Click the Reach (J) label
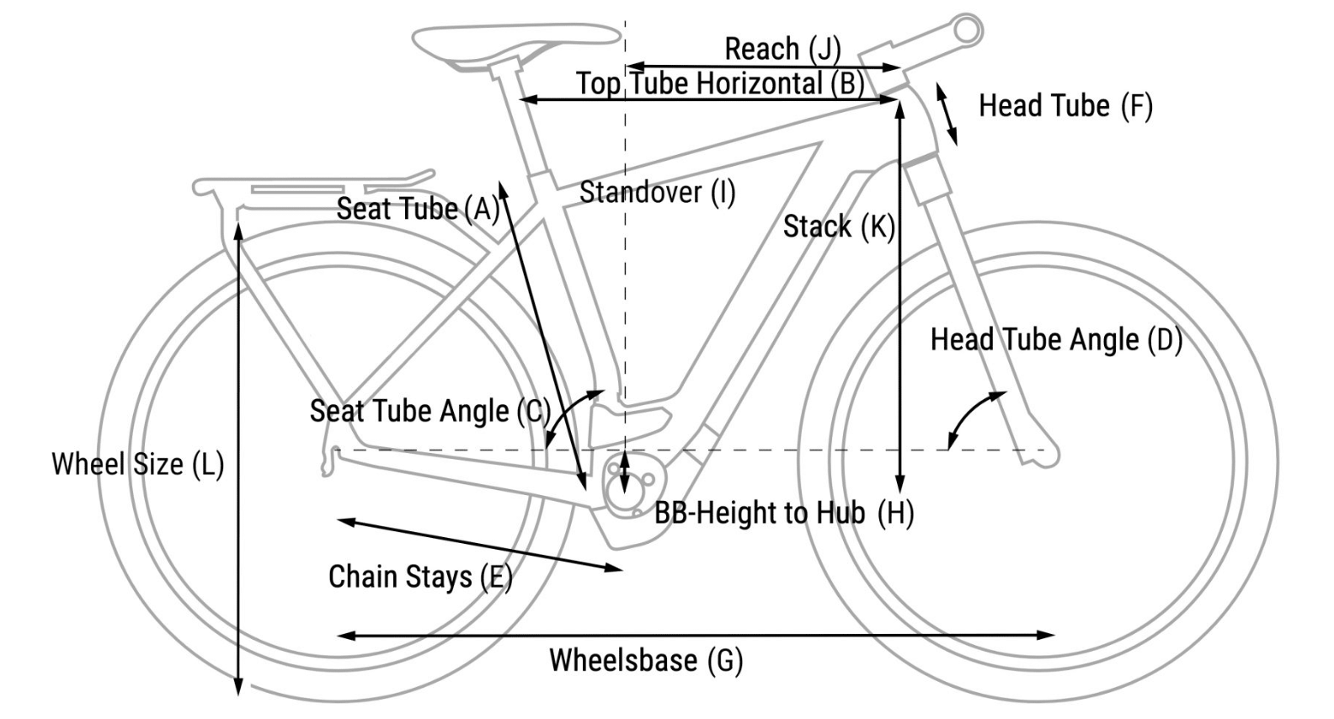coord(782,49)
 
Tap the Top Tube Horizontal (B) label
coord(720,83)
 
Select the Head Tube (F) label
coord(1065,106)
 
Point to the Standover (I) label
coord(657,193)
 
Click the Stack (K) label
coord(838,226)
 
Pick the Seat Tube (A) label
coord(418,209)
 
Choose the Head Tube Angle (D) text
coord(1056,340)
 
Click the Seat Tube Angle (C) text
coord(430,412)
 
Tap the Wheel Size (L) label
coord(137,464)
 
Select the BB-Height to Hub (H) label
coord(784,513)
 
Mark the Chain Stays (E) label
coord(419,578)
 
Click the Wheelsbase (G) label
coord(646,660)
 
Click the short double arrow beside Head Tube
coord(947,115)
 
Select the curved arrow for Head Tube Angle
coord(973,417)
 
